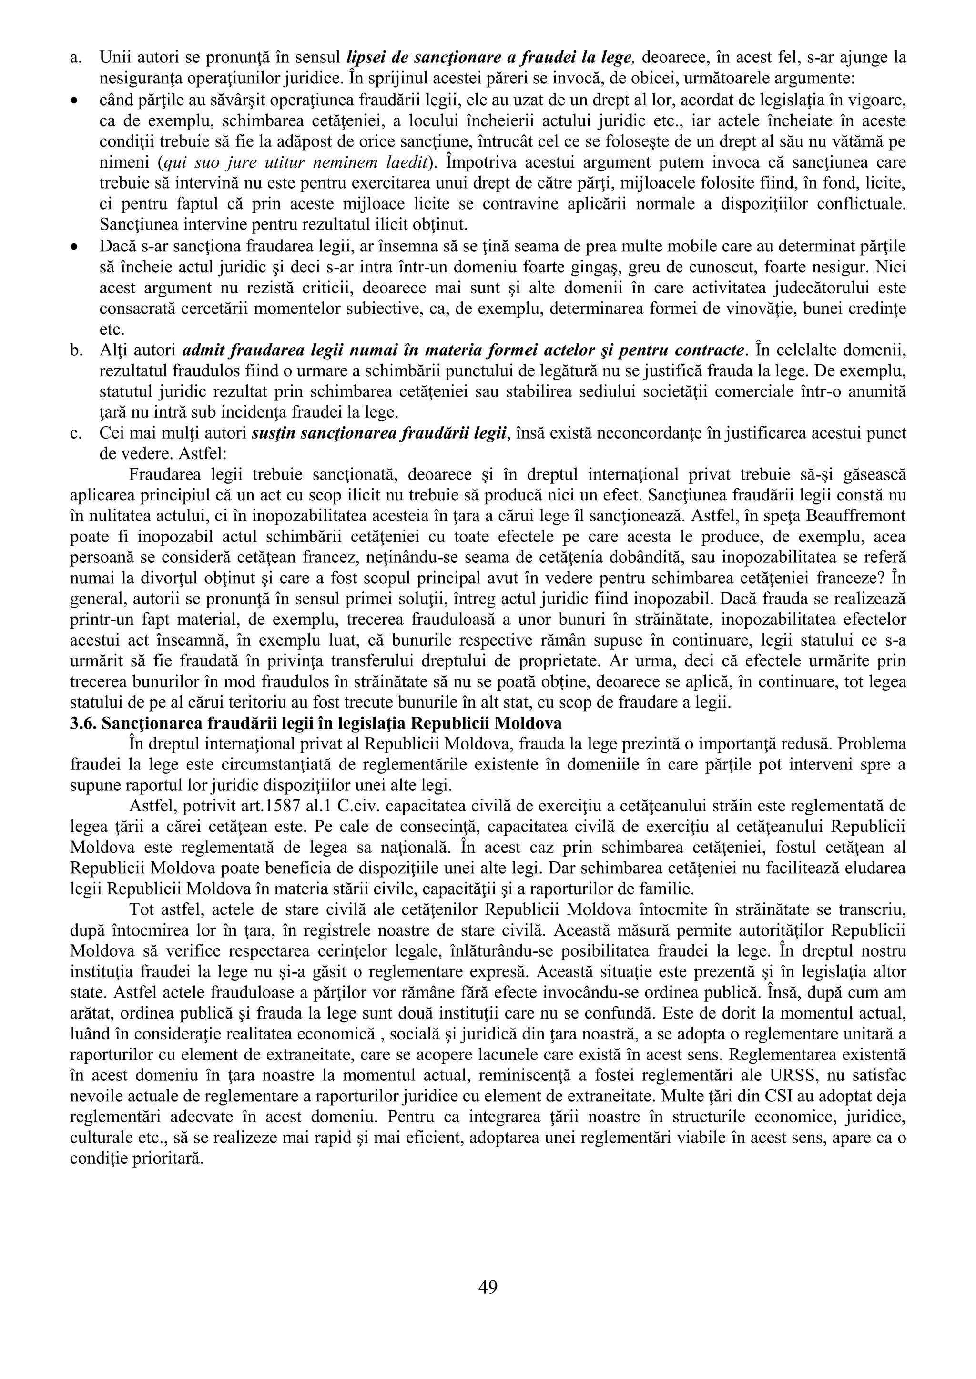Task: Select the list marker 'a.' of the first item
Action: (x=76, y=58)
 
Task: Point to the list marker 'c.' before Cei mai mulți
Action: (x=76, y=433)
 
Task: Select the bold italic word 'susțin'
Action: (x=270, y=433)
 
